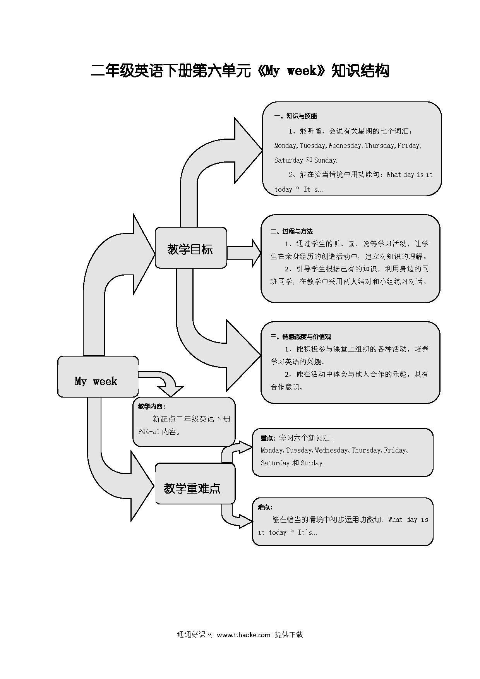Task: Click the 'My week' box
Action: point(98,377)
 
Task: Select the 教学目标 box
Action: point(191,248)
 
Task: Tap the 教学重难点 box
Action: point(195,484)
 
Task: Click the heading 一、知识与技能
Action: point(295,116)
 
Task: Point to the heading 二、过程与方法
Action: point(291,231)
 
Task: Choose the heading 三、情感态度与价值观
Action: point(300,337)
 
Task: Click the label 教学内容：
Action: point(152,406)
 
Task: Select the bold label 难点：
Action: point(266,507)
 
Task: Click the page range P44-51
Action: point(149,432)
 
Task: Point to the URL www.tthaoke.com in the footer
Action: point(243,635)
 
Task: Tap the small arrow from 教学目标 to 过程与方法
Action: point(244,253)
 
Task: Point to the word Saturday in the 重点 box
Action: point(275,463)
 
